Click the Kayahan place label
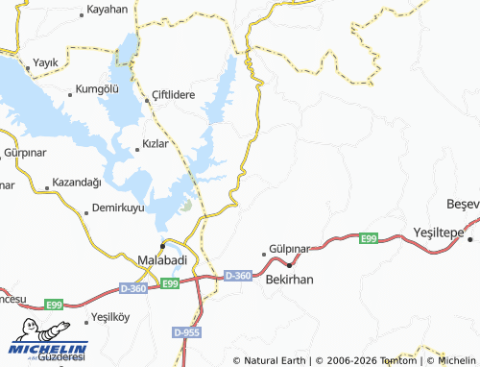point(107,9)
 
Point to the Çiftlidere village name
point(174,96)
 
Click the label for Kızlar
point(155,143)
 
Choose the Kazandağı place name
point(76,183)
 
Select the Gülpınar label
point(290,248)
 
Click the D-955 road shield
point(187,331)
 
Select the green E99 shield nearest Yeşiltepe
point(369,237)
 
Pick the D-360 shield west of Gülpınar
point(237,276)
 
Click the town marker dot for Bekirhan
point(290,264)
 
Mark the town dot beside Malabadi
point(163,246)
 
